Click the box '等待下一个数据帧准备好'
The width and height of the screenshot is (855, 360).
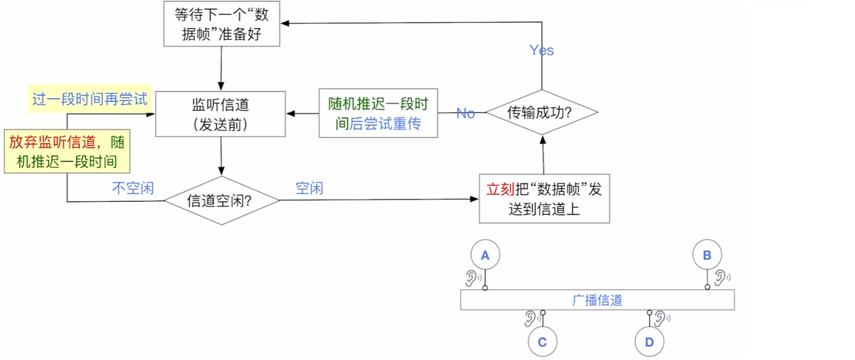tap(221, 24)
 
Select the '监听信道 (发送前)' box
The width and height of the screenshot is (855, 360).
tap(220, 114)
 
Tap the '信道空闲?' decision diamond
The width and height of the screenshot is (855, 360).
tap(221, 201)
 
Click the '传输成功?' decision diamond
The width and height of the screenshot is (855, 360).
tap(542, 112)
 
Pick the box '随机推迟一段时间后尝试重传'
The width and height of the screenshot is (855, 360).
tap(378, 114)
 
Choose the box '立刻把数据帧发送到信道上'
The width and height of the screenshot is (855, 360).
tap(544, 199)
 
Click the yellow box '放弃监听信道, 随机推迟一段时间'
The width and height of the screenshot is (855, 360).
tap(67, 152)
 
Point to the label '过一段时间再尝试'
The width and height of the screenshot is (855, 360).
tap(90, 99)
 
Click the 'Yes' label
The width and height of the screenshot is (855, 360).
tap(542, 51)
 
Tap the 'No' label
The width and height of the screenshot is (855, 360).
tap(466, 113)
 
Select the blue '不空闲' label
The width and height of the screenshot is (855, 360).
tap(133, 188)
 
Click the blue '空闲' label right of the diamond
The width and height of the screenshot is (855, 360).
tap(309, 188)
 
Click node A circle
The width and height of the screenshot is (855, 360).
tap(485, 255)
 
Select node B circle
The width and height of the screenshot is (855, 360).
tap(707, 255)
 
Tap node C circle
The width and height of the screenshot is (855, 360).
tap(542, 342)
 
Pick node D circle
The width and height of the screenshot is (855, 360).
tap(649, 342)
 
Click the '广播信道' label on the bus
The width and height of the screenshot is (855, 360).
tap(597, 300)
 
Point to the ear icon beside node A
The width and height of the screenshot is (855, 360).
tap(472, 278)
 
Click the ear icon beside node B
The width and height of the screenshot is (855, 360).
tap(721, 277)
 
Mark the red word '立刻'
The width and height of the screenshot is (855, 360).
tap(500, 189)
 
